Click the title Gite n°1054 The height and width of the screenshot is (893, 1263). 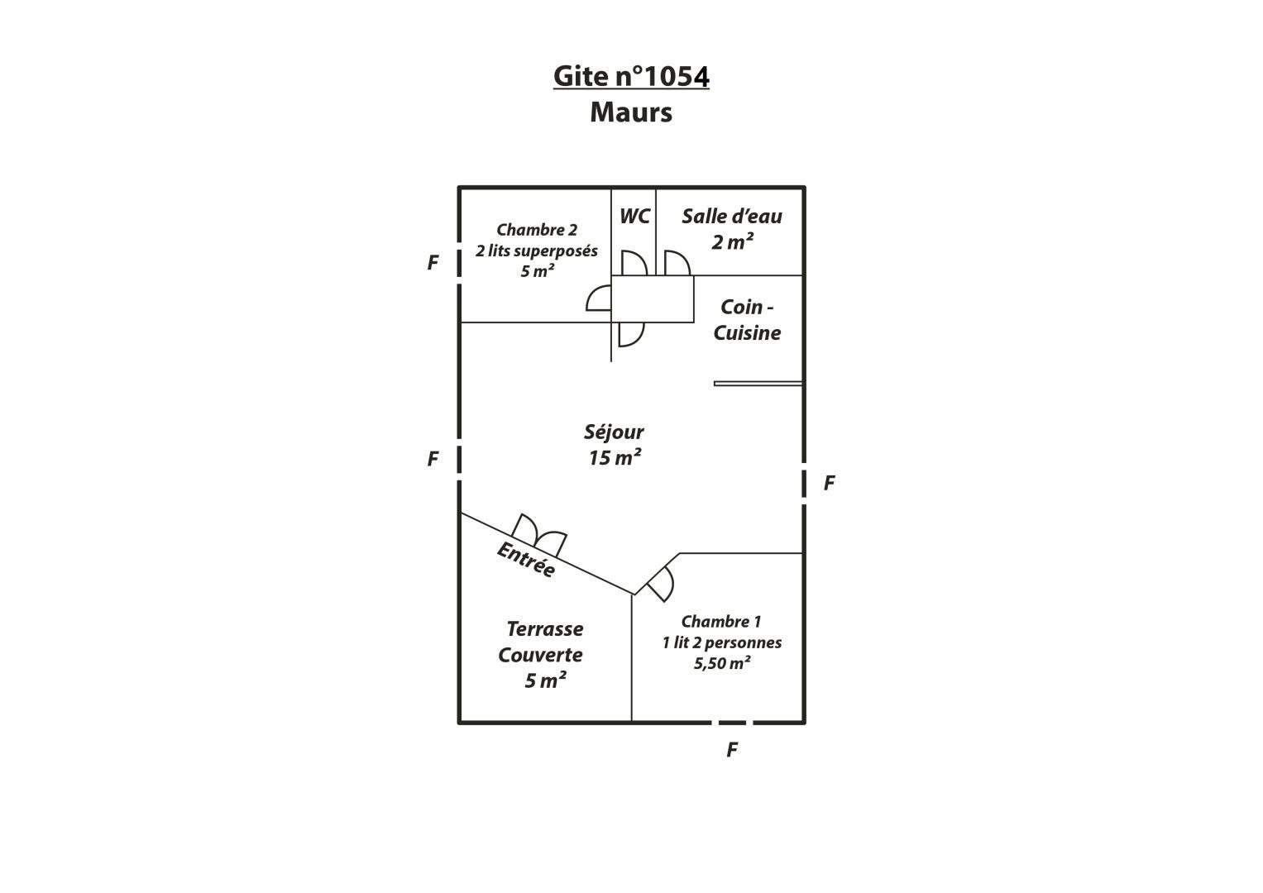pos(631,77)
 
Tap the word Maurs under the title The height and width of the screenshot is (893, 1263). pos(631,112)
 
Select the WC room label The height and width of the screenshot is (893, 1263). pos(635,216)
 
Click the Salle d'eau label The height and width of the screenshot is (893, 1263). pos(732,216)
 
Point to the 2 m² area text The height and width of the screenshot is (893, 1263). pos(733,241)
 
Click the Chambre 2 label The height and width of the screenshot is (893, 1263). pos(537,230)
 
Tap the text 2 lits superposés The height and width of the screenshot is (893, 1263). pos(536,251)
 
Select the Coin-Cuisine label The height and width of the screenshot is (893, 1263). pos(747,320)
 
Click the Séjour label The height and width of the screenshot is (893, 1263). pos(614,432)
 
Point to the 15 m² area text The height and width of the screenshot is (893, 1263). pos(615,457)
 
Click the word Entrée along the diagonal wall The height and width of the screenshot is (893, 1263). pos(527,559)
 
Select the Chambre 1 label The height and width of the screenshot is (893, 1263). pos(721,621)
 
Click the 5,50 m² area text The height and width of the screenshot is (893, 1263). pos(722,663)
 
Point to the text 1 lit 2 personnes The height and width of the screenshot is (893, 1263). pos(722,642)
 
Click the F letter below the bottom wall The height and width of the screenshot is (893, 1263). pos(732,750)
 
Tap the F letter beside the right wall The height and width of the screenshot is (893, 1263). pos(829,483)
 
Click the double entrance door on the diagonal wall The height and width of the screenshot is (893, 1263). pos(539,535)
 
